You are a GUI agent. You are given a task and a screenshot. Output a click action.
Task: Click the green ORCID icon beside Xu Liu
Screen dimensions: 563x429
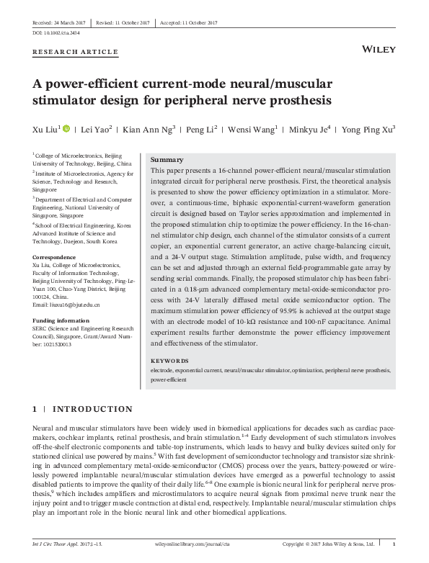[x=67, y=129]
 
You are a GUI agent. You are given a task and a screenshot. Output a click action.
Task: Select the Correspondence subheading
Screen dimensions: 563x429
[x=54, y=256]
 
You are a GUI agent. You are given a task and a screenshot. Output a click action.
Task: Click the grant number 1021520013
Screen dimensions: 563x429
[x=54, y=344]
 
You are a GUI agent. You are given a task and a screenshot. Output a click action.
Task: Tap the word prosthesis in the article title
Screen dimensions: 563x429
[x=296, y=99]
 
